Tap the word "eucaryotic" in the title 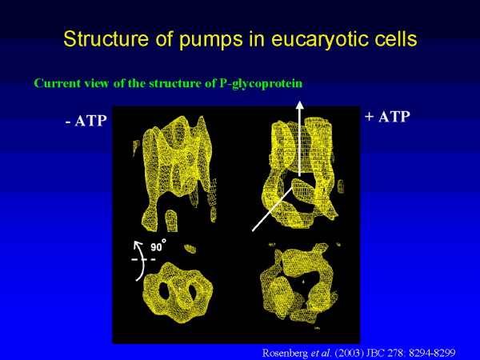click(x=319, y=39)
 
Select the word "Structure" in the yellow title click(x=106, y=38)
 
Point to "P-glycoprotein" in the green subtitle click(x=261, y=83)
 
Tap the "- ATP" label click(x=86, y=121)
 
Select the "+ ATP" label click(x=387, y=117)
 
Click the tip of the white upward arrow click(x=300, y=102)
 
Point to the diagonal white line click(x=272, y=209)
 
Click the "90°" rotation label click(x=158, y=246)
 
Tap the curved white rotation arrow click(x=140, y=259)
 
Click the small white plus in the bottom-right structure click(x=303, y=282)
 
